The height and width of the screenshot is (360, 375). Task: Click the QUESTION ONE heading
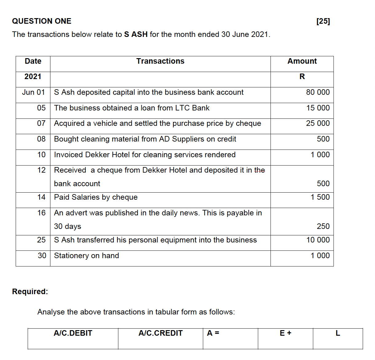point(41,21)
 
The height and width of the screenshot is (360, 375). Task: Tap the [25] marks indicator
point(323,21)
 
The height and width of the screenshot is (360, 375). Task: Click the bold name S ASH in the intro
point(136,34)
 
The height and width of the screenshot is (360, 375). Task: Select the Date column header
point(33,61)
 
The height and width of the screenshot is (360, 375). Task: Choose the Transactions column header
point(160,61)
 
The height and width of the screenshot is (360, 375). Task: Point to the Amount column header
point(302,61)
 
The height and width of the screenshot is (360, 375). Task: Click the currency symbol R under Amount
point(302,77)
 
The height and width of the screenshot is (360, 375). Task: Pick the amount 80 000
point(318,92)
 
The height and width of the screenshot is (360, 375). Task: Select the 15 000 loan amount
point(318,108)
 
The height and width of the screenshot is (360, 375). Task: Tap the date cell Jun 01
point(34,92)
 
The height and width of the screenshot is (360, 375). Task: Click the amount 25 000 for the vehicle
point(318,123)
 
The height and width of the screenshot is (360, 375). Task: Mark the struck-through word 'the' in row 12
point(259,170)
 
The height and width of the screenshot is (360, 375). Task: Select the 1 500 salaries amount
point(320,197)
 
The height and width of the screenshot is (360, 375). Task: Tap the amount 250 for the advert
point(323,226)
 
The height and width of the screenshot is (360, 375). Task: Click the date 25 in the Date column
point(41,240)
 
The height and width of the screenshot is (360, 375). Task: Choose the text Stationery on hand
point(86,256)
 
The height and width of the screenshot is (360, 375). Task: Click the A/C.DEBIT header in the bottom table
point(73,333)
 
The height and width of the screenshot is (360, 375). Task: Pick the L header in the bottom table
point(337,333)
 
